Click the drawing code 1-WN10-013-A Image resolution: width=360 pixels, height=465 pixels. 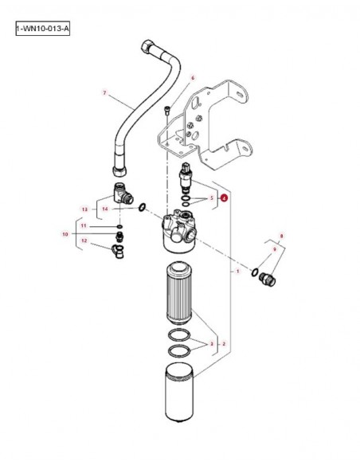pyautogui.click(x=43, y=29)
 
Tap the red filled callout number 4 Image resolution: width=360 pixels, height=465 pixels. pyautogui.click(x=225, y=197)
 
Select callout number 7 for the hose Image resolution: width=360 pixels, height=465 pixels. pyautogui.click(x=104, y=93)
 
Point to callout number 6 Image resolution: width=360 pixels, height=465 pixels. pyautogui.click(x=193, y=78)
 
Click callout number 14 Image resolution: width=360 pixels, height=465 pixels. pyautogui.click(x=105, y=209)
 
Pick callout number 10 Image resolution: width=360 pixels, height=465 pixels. pyautogui.click(x=65, y=234)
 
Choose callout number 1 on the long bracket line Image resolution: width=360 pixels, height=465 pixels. pyautogui.click(x=237, y=271)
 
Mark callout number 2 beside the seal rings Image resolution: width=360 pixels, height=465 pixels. pyautogui.click(x=224, y=344)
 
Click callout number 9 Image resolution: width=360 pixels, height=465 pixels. pyautogui.click(x=274, y=249)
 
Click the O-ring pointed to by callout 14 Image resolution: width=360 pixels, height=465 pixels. pyautogui.click(x=143, y=207)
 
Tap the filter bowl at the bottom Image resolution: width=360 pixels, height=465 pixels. pyautogui.click(x=179, y=392)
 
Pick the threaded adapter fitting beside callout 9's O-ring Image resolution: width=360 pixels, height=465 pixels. pyautogui.click(x=268, y=279)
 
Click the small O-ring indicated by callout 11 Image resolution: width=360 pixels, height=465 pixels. pyautogui.click(x=119, y=227)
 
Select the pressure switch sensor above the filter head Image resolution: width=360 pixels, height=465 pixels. pyautogui.click(x=186, y=178)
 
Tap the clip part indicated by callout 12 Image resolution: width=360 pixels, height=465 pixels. pyautogui.click(x=119, y=251)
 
